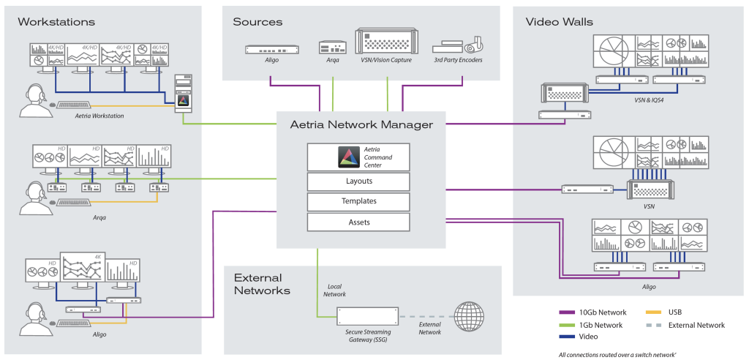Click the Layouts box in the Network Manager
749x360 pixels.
(358, 181)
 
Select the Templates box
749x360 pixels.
(358, 201)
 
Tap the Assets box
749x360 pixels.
(358, 222)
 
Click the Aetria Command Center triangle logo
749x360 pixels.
(347, 157)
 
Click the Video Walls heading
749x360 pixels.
(560, 21)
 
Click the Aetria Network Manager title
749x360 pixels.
(361, 125)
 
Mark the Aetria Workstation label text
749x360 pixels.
(99, 116)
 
